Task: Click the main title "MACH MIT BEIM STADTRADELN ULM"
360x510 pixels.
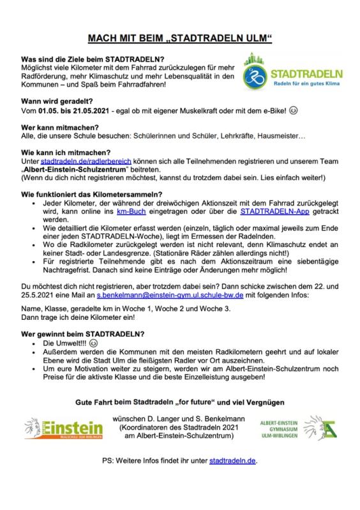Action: (179, 40)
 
